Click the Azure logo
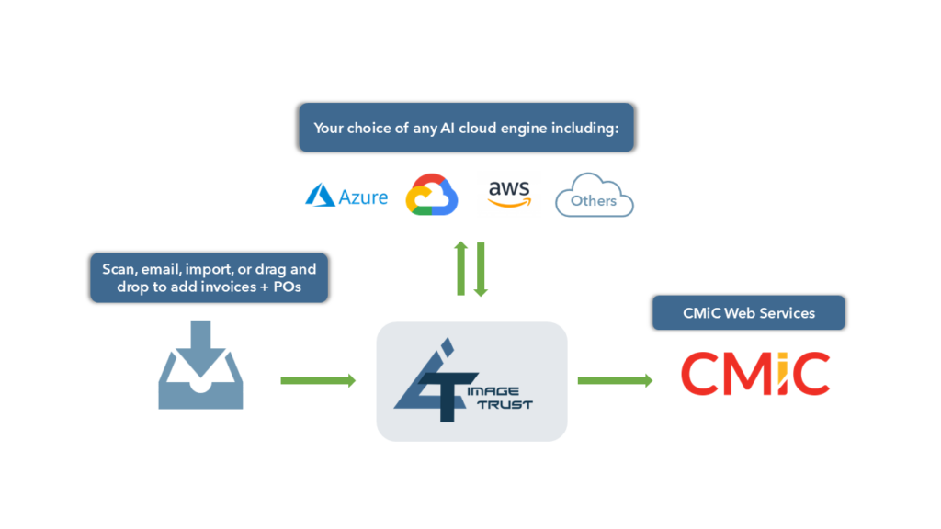346,196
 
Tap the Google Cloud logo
431,194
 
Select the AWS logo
509,193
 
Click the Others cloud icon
594,196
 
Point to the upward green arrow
461,268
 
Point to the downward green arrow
480,268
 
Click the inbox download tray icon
200,364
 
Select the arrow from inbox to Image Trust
317,380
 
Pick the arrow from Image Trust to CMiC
615,380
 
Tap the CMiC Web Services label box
748,313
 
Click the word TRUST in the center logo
505,404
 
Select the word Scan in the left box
119,270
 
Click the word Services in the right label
787,313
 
